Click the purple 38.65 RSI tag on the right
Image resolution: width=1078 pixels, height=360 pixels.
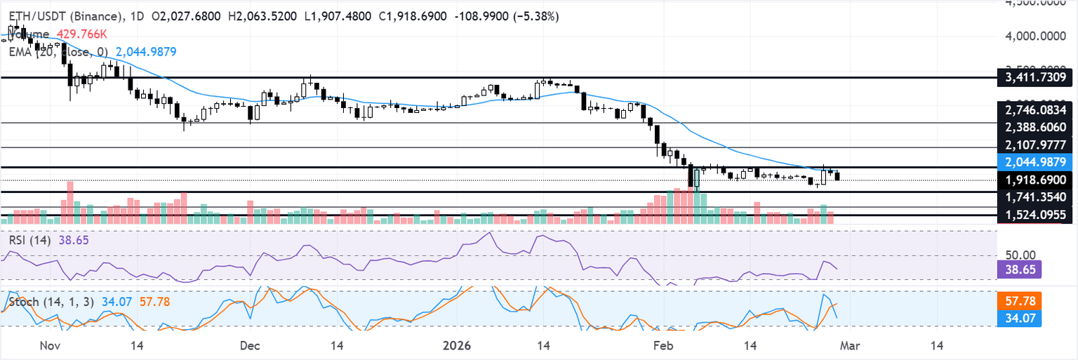(1018, 268)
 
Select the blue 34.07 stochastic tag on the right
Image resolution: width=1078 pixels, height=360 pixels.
(1018, 319)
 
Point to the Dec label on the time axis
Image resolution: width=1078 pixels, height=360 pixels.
(249, 346)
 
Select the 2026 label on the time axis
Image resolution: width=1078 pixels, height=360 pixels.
(457, 346)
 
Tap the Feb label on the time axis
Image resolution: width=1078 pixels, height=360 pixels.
(662, 346)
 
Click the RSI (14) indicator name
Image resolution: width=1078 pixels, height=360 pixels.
(29, 239)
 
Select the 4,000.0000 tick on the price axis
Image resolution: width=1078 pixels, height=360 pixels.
(1035, 35)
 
